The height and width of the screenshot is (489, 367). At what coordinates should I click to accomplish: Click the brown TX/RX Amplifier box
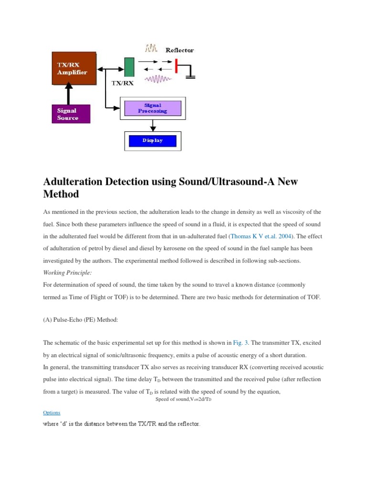[74, 68]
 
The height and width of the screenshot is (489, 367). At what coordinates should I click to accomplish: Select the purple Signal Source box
[70, 114]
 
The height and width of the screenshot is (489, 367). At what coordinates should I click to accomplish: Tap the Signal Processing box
[152, 108]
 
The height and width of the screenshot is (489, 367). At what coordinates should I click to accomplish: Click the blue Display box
[152, 140]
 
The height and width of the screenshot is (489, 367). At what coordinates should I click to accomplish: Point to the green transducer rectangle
[129, 67]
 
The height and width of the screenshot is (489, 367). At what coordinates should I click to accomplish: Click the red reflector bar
[176, 66]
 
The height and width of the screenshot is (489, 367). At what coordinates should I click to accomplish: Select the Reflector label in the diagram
[180, 50]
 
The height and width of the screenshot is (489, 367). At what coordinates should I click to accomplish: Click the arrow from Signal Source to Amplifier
[69, 94]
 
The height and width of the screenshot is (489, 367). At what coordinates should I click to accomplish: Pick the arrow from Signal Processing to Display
[153, 125]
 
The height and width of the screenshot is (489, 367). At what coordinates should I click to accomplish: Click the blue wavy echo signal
[159, 79]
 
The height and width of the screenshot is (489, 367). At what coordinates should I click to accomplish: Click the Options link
[52, 412]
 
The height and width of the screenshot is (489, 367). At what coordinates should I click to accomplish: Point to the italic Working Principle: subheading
[67, 272]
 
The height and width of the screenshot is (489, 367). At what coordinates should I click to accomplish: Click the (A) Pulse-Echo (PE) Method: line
[80, 320]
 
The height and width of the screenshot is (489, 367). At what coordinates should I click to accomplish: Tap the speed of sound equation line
[183, 399]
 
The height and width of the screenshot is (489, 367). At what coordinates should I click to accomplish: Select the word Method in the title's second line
[61, 194]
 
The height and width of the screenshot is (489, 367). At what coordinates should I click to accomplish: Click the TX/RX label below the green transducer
[122, 83]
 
